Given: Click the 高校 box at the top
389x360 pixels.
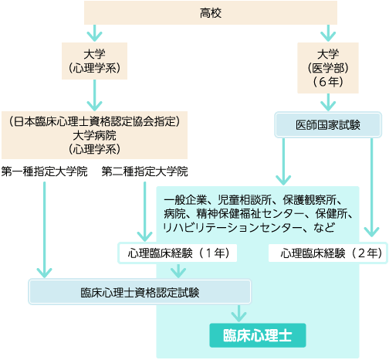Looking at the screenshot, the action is tap(211, 12).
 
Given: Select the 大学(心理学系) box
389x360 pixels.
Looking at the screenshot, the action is tap(94, 61).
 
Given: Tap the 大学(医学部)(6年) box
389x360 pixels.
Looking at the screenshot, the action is tap(328, 68).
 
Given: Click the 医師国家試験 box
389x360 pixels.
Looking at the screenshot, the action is tap(328, 125).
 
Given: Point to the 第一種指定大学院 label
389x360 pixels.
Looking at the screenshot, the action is tap(45, 172).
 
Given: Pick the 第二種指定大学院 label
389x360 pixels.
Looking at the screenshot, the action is tap(144, 172).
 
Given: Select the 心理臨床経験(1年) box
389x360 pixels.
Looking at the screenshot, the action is tap(178, 253).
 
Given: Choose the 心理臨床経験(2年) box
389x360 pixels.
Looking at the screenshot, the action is tap(328, 253).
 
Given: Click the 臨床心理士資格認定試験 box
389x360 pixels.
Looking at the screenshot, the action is tap(140, 292).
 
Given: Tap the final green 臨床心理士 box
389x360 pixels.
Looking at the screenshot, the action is tap(258, 335).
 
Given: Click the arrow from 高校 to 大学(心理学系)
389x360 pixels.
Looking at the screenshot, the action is tap(94, 33).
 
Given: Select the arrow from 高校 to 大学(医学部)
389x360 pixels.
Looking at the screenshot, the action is tap(328, 33).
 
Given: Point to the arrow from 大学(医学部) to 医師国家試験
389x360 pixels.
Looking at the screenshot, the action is tap(328, 102).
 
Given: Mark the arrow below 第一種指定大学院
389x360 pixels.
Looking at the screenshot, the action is tap(45, 229).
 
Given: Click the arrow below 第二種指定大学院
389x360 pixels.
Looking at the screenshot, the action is tap(144, 212).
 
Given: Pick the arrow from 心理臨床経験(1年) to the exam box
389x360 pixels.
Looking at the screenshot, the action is tap(178, 270).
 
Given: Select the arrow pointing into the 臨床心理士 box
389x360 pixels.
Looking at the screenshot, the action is tap(238, 314).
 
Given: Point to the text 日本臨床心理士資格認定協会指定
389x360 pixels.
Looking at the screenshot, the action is tap(94, 121).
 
